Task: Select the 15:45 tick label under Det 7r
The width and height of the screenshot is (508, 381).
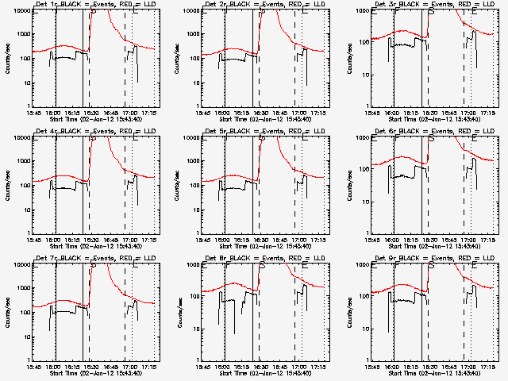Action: tap(33, 366)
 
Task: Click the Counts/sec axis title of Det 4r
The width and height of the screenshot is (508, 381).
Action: tap(7, 184)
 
